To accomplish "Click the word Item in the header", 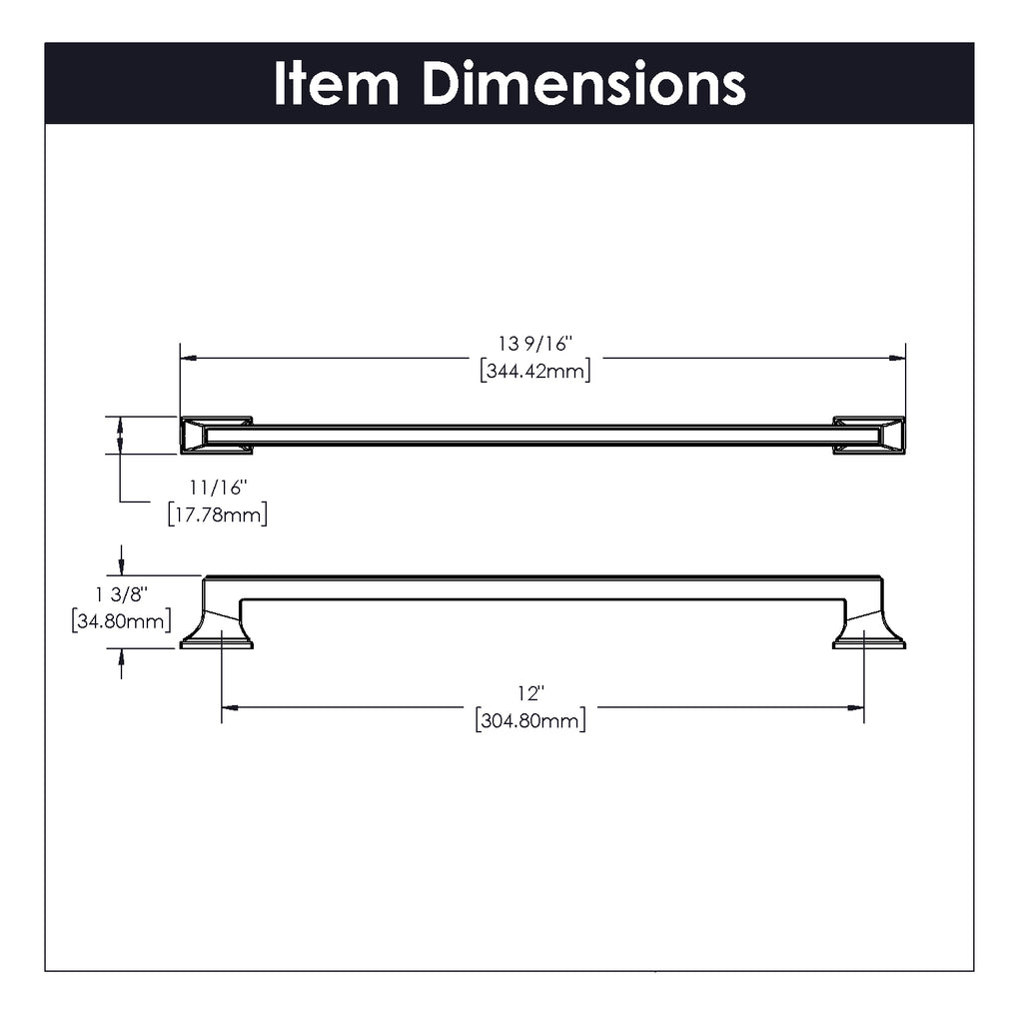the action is click(336, 83).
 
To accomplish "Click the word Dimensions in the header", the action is click(583, 83).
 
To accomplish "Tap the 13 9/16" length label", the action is click(535, 344).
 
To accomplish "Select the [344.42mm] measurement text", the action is click(535, 371).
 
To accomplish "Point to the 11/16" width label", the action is click(219, 488).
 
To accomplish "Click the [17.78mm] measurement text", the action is click(218, 514).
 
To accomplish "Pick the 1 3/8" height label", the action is click(122, 594).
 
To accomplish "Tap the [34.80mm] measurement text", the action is click(122, 620).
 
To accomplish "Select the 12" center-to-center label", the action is click(531, 693).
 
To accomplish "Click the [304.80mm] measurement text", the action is click(531, 720).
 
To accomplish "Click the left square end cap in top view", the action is click(216, 436).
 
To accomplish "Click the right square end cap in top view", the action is click(869, 436).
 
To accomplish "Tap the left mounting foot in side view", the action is click(217, 629).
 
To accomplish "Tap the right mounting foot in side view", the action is click(869, 629).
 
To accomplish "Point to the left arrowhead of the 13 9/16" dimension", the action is click(189, 359).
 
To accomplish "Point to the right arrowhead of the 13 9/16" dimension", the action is click(897, 359).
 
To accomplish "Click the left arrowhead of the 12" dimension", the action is click(230, 707).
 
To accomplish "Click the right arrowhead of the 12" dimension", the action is click(855, 707).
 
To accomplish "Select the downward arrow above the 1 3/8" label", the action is click(121, 560).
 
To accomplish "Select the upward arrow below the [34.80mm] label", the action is click(121, 664).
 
